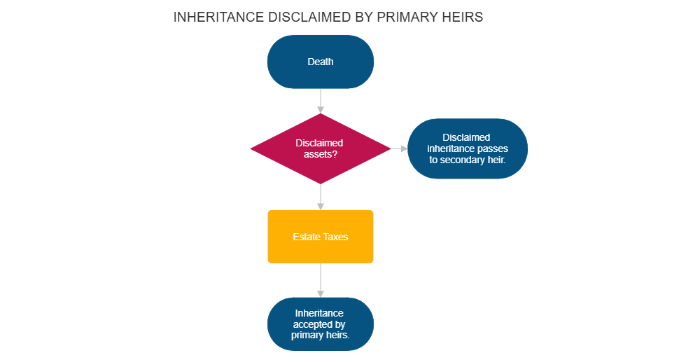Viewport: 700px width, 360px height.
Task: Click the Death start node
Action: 321,62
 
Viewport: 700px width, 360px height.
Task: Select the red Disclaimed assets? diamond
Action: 320,148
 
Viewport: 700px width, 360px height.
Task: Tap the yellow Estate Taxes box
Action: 321,237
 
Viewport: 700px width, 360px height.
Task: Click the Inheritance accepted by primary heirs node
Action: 321,324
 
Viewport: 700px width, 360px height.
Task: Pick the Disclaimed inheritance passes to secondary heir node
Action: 467,148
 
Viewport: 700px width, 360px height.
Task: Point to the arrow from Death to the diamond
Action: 321,101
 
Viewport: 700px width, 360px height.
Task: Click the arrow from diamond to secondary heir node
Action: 398,148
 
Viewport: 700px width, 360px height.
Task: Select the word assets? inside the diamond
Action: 321,154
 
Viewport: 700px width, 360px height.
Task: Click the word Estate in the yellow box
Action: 306,237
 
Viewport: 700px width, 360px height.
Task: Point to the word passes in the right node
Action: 493,148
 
